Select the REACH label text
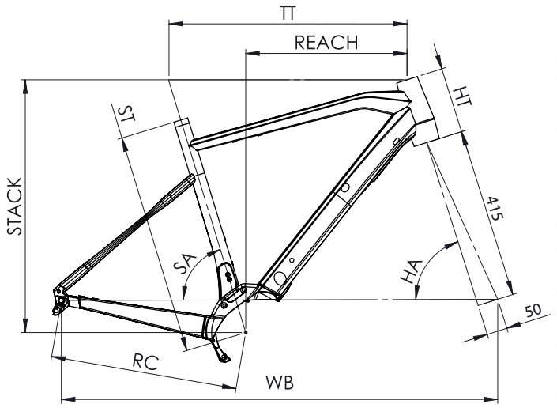click(x=326, y=43)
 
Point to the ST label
click(x=125, y=113)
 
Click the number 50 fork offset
click(x=533, y=311)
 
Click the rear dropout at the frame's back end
click(x=59, y=301)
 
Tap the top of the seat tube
click(x=180, y=125)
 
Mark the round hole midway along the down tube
click(x=345, y=188)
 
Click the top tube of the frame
click(x=292, y=119)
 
